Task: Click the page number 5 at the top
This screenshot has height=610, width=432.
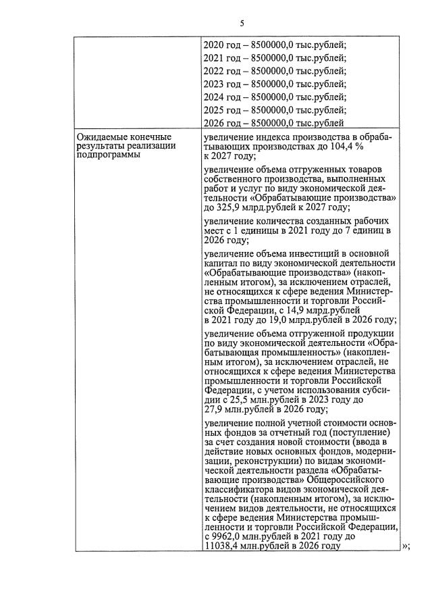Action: [x=242, y=24]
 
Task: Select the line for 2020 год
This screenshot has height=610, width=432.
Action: [x=274, y=45]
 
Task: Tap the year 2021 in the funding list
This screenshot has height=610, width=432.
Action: [x=214, y=58]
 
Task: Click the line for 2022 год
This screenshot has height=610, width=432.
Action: [x=274, y=71]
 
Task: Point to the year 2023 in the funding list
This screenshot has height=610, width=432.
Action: [x=214, y=84]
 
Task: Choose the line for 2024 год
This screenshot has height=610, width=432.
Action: [x=274, y=97]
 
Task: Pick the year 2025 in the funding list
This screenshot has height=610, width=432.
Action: [x=214, y=109]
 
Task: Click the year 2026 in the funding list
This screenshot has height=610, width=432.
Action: [x=214, y=122]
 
